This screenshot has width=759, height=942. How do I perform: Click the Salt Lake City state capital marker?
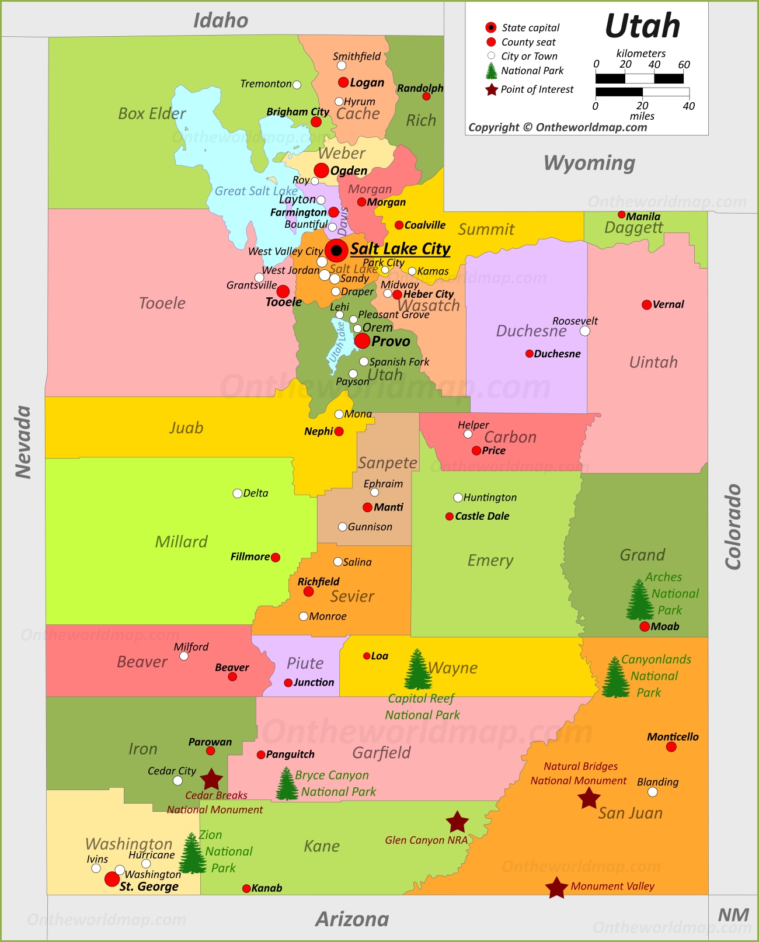click(336, 250)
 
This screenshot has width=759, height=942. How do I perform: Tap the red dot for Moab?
click(645, 627)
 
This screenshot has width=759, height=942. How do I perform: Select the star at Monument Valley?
click(556, 888)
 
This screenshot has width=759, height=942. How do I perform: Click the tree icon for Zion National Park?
click(192, 853)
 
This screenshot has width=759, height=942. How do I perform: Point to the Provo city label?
click(391, 341)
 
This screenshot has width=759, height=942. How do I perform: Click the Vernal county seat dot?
click(646, 305)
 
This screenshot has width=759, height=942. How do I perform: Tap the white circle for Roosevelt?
click(585, 331)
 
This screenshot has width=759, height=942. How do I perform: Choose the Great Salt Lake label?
click(256, 191)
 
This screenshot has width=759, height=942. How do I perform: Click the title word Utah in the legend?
click(642, 26)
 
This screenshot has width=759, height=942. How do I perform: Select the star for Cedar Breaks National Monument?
click(211, 779)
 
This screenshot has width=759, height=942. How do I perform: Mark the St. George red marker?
click(112, 879)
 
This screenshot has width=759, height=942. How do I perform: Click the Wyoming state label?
click(589, 163)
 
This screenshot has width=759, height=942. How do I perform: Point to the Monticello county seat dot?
click(671, 747)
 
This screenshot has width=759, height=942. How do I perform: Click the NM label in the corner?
click(733, 915)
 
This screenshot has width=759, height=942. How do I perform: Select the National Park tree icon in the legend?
click(492, 71)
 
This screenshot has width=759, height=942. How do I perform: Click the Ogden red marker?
click(321, 171)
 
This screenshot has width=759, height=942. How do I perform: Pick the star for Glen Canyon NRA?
click(457, 822)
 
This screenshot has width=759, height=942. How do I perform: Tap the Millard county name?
click(181, 542)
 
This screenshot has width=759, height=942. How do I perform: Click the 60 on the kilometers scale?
click(684, 64)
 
